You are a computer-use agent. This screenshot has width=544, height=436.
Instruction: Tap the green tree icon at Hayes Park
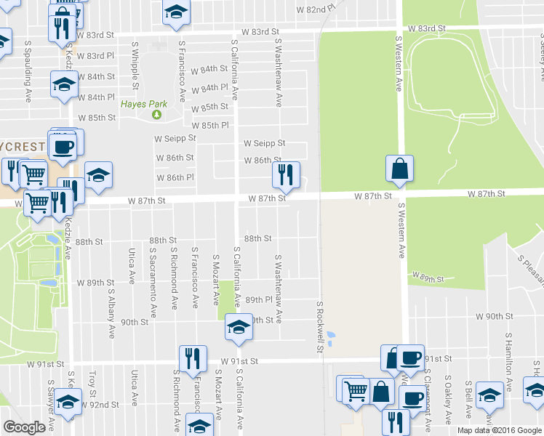[155, 115]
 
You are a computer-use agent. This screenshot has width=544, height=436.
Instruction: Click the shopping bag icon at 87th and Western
[399, 169]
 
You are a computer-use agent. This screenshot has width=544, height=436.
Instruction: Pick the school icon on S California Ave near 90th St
[237, 327]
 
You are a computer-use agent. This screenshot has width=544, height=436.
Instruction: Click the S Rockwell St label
[319, 326]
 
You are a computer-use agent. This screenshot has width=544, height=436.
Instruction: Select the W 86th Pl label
[175, 177]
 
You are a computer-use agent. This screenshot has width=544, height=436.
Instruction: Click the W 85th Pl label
[210, 126]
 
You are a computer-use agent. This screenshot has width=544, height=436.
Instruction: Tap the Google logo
[25, 427]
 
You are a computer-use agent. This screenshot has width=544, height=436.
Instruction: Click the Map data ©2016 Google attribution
[499, 430]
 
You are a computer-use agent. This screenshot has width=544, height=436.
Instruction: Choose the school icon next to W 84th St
[65, 84]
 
